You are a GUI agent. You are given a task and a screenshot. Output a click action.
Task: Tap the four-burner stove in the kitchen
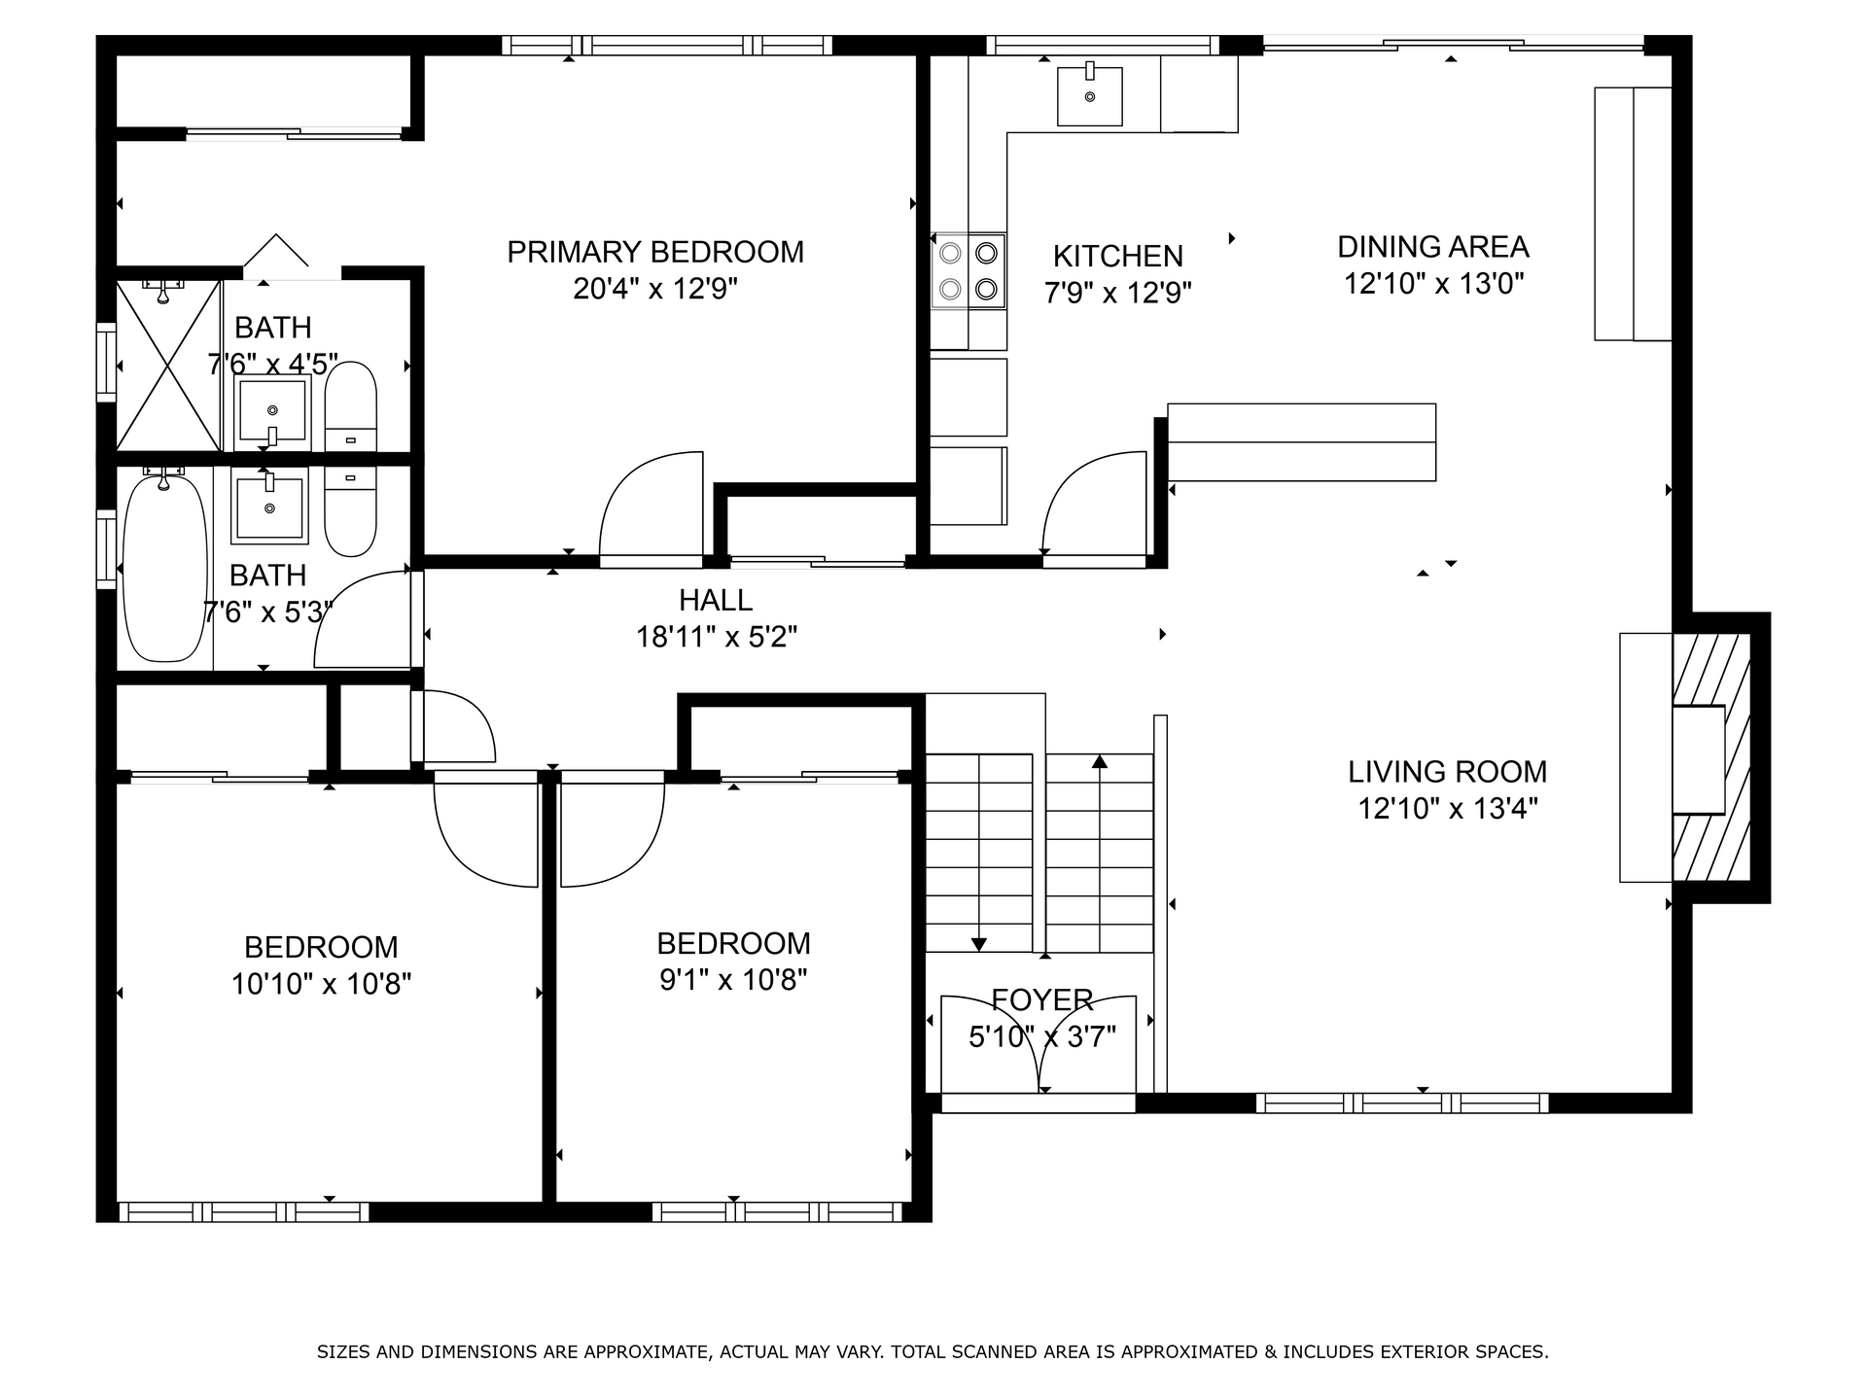pos(969,271)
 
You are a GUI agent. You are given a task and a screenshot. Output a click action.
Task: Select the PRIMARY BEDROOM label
pos(655,252)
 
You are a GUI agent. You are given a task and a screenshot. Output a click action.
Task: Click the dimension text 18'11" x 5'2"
pos(717,637)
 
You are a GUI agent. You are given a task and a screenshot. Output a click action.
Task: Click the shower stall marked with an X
pos(169,366)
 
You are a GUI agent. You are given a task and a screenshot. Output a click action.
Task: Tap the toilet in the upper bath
pos(350,406)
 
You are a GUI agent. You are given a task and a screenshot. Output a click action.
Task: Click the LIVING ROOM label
pos(1447,772)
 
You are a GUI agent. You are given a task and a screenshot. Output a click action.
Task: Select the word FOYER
pos(1042,999)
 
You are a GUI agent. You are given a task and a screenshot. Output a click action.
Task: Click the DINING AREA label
pos(1433,247)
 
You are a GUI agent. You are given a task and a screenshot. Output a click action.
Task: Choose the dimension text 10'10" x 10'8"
pos(321,984)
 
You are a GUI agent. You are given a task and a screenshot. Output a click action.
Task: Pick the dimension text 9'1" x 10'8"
pos(734,979)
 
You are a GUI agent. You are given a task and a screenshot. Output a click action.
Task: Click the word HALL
pos(716,600)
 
